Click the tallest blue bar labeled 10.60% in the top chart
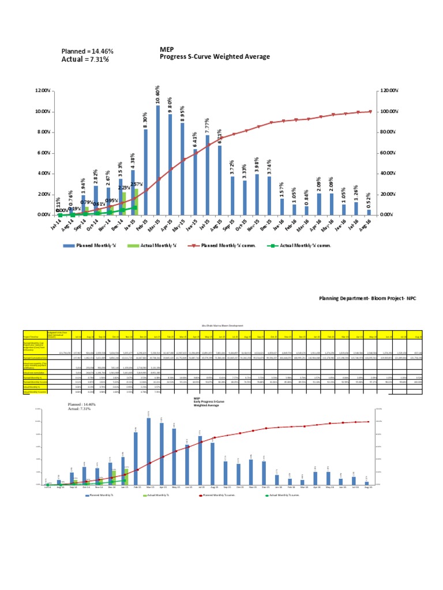158,160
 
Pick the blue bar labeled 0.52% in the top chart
369,212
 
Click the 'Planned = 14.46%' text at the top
87,51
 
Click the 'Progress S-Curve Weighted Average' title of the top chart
215,57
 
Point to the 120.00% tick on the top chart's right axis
389,91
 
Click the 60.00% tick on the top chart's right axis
388,153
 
